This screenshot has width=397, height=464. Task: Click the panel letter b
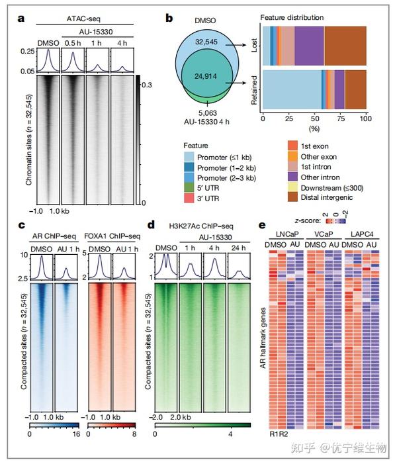[169, 19]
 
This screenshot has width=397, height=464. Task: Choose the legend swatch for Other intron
[294, 177]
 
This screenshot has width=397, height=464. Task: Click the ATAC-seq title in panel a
[84, 21]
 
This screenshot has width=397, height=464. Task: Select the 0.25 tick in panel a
[28, 51]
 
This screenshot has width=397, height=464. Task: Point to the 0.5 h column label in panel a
[71, 42]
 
